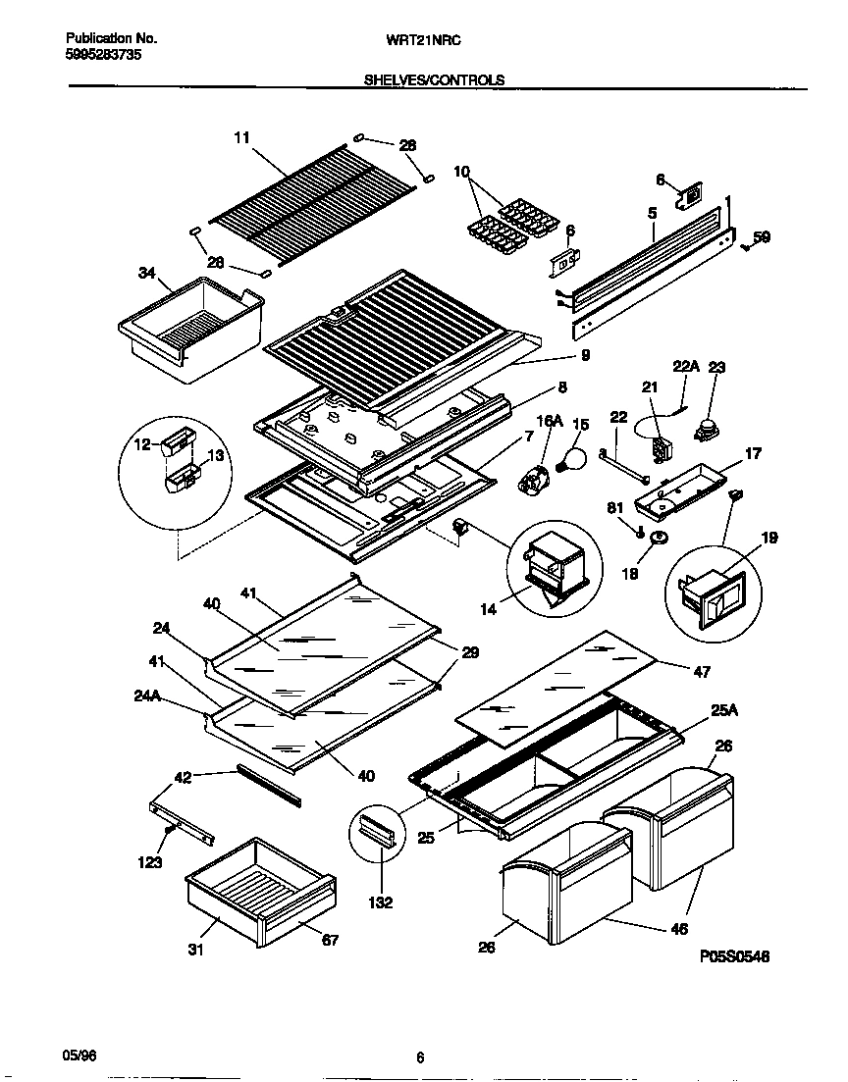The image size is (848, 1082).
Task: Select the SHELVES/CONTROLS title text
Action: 434,80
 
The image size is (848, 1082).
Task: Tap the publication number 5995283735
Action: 103,56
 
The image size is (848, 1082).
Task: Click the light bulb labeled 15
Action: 570,457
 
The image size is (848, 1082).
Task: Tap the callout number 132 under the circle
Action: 380,902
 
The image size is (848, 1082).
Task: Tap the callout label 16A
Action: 550,421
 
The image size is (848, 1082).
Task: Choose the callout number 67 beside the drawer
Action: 330,940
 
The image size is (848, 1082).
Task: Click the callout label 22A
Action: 685,366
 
